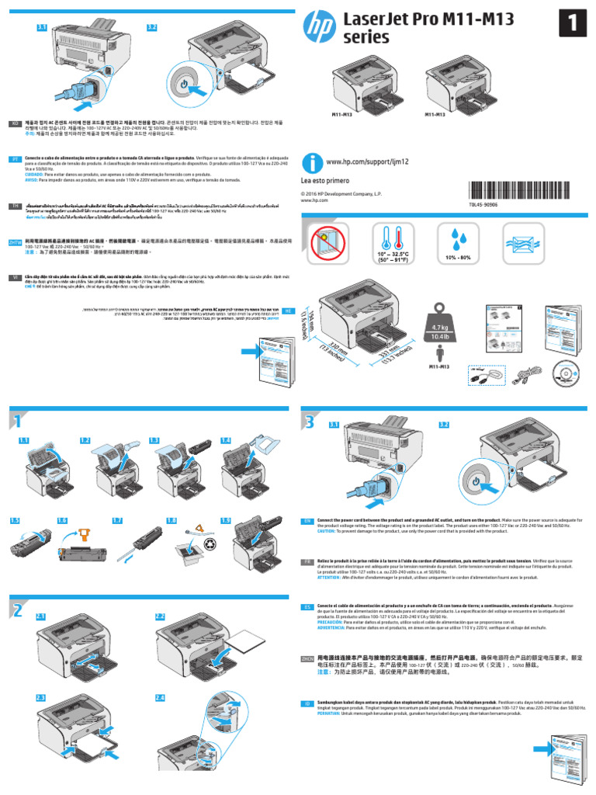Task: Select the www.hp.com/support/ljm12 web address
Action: point(366,161)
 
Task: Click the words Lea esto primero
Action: point(327,179)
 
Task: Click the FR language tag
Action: point(307,561)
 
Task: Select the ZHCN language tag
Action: point(308,658)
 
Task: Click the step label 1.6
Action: point(63,520)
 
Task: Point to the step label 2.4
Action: point(160,698)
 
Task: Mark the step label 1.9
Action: point(226,520)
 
